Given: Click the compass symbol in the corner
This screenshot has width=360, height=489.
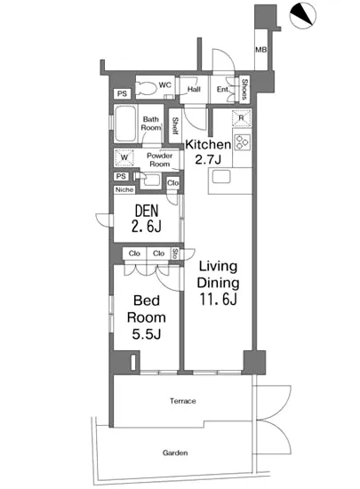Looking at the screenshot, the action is [302, 16].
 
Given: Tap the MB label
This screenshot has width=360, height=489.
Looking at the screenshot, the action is [260, 50].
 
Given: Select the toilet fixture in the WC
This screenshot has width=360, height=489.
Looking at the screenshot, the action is [147, 88].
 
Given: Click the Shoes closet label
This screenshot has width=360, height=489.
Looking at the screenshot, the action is [244, 89].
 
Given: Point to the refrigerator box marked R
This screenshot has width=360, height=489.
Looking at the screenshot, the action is [242, 118].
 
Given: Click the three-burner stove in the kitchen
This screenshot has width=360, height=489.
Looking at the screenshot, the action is [242, 142].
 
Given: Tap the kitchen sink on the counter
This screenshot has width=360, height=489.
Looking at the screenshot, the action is [221, 177].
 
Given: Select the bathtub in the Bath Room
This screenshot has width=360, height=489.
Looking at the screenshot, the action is [125, 124].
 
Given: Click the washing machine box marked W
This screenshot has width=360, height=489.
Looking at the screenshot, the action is [124, 157].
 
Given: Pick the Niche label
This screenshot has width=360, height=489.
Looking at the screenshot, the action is [124, 189].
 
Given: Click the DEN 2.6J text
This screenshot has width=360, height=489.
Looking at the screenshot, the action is [147, 219].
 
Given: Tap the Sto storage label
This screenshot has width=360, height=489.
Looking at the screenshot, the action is [175, 253].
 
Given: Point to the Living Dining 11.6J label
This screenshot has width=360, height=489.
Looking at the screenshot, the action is [218, 283].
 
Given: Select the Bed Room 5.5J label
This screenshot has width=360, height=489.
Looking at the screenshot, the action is [147, 317].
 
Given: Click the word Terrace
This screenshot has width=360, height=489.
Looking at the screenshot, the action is [183, 401].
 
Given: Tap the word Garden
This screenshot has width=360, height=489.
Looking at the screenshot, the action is [175, 453].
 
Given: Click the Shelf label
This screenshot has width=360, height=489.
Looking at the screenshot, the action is [175, 125].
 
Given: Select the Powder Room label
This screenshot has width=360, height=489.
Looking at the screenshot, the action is [160, 160].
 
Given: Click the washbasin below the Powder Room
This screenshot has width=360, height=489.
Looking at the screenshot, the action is [149, 180].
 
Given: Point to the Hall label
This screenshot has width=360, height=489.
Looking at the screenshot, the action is [194, 90].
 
